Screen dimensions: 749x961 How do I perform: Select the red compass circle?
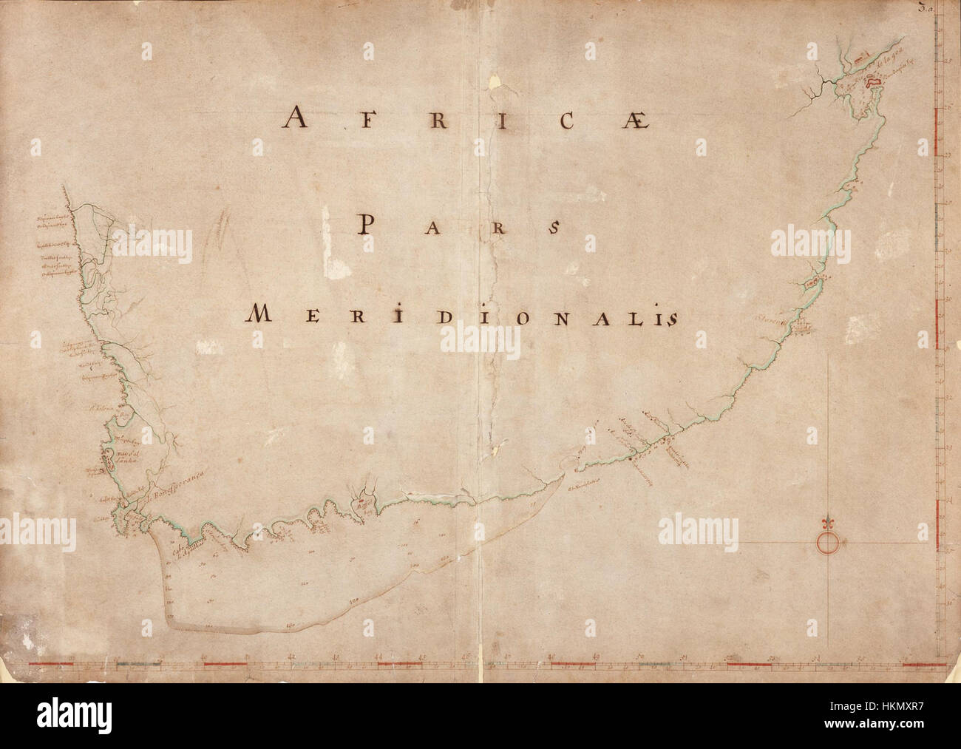828,543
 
